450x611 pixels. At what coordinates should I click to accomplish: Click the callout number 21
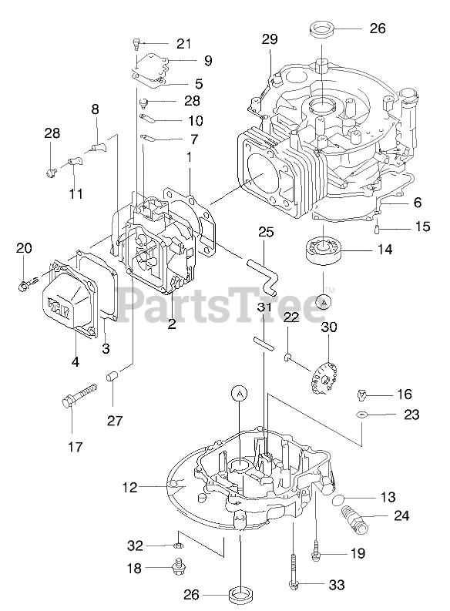pyautogui.click(x=184, y=44)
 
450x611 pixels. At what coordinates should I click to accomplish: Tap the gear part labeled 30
pyautogui.click(x=324, y=377)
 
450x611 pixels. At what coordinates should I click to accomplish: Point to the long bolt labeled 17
pyautogui.click(x=79, y=394)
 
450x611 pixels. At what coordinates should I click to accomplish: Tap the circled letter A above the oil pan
pyautogui.click(x=240, y=394)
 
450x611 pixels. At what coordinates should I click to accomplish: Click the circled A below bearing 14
pyautogui.click(x=323, y=301)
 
